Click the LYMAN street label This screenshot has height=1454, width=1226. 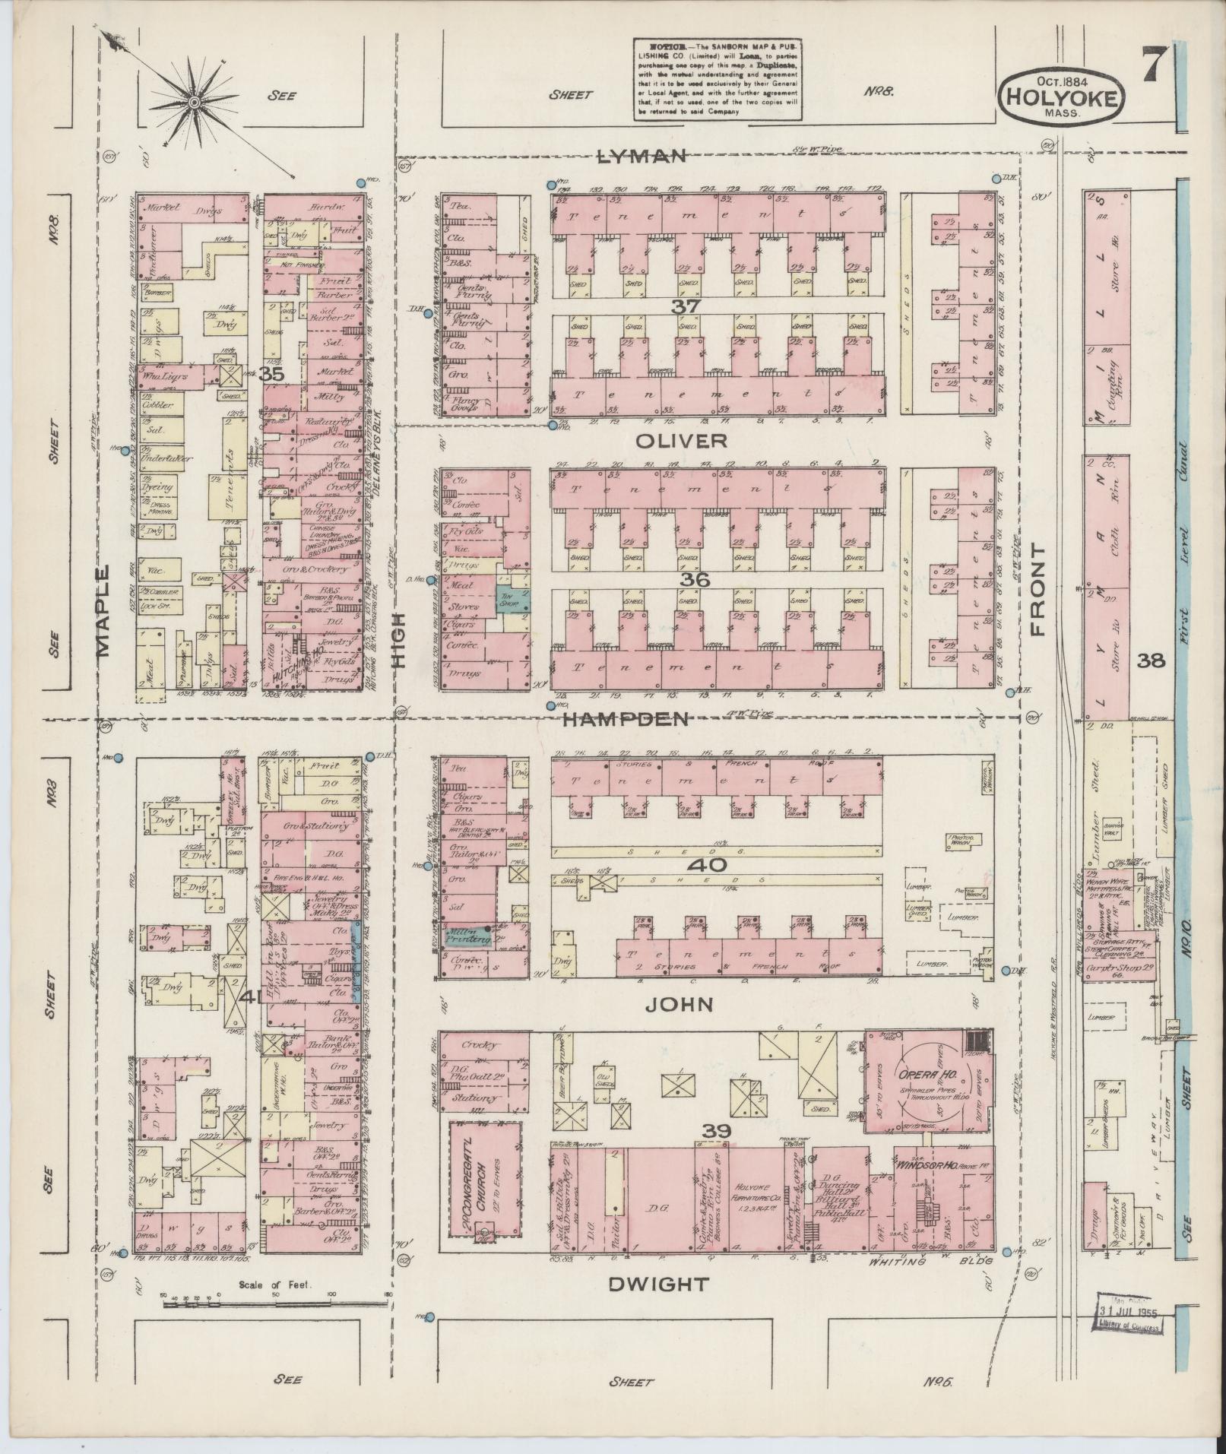click(643, 157)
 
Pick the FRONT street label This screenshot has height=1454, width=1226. click(1038, 588)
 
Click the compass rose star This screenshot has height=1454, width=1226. click(195, 101)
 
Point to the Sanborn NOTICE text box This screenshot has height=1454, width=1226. click(718, 79)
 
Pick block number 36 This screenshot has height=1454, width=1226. click(695, 580)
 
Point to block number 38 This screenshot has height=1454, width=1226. click(1151, 660)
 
